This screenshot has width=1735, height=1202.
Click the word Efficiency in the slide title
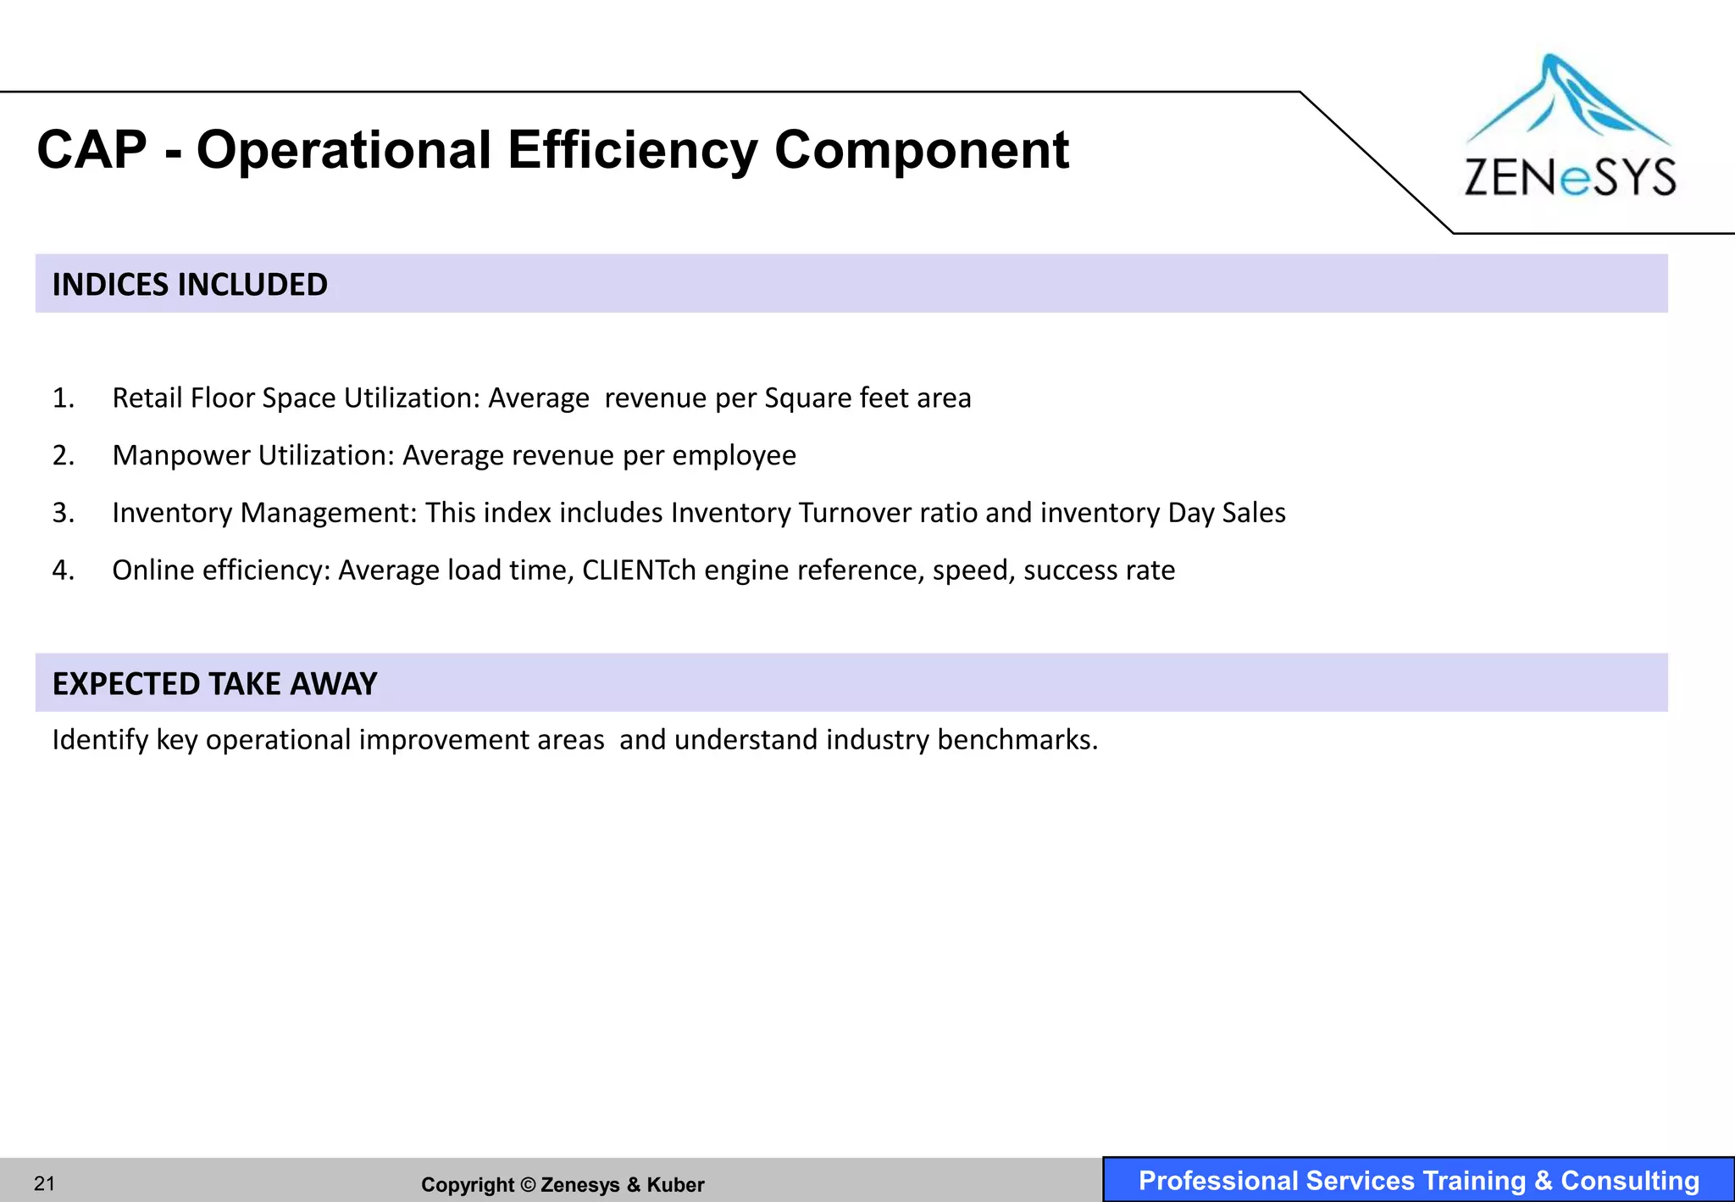[x=631, y=151]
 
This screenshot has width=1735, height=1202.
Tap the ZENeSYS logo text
[x=1570, y=177]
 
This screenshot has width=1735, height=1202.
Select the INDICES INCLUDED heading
[x=190, y=285]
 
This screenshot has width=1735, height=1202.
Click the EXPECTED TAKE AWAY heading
[x=214, y=684]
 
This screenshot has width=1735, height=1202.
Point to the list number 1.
[x=64, y=398]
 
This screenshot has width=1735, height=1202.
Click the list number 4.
[x=64, y=570]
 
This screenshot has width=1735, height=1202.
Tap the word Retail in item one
[x=147, y=398]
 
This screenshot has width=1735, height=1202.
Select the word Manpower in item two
[x=181, y=456]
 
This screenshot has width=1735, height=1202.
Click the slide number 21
[x=44, y=1183]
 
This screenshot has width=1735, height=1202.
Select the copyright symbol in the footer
[x=528, y=1185]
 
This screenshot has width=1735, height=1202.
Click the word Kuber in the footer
[x=675, y=1185]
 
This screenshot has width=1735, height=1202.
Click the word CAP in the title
[x=91, y=151]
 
